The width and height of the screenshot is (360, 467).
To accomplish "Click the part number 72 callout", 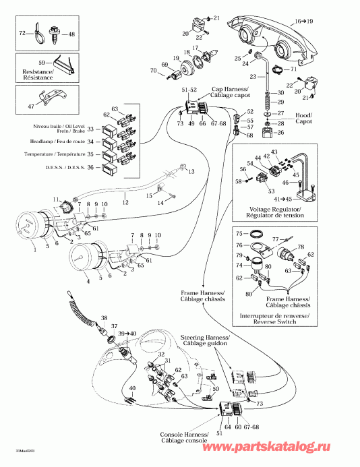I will (x=22, y=33).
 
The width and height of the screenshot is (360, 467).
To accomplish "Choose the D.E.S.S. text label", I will (x=65, y=167).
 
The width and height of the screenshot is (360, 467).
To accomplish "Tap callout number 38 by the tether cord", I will (x=104, y=317).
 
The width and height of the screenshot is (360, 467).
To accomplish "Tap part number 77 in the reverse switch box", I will (x=274, y=239).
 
